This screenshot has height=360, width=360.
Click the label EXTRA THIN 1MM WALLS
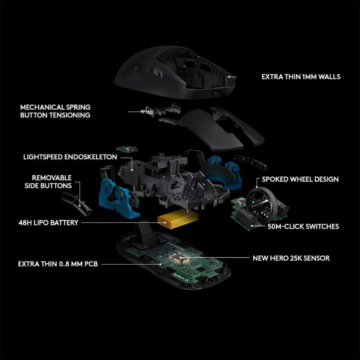[x=301, y=77]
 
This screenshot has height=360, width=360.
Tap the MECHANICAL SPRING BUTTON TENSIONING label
[x=55, y=111]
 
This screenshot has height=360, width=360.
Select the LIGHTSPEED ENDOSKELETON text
[x=70, y=157]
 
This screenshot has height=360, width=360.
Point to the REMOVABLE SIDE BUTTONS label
[x=52, y=182]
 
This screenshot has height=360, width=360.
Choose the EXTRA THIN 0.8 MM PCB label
[x=58, y=264]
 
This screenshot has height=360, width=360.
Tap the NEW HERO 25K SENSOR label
[x=291, y=258]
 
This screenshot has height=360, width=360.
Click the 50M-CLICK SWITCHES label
[x=303, y=226]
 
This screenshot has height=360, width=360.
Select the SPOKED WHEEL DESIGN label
[x=300, y=179]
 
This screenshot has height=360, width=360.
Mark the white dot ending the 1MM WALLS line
[x=229, y=77]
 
